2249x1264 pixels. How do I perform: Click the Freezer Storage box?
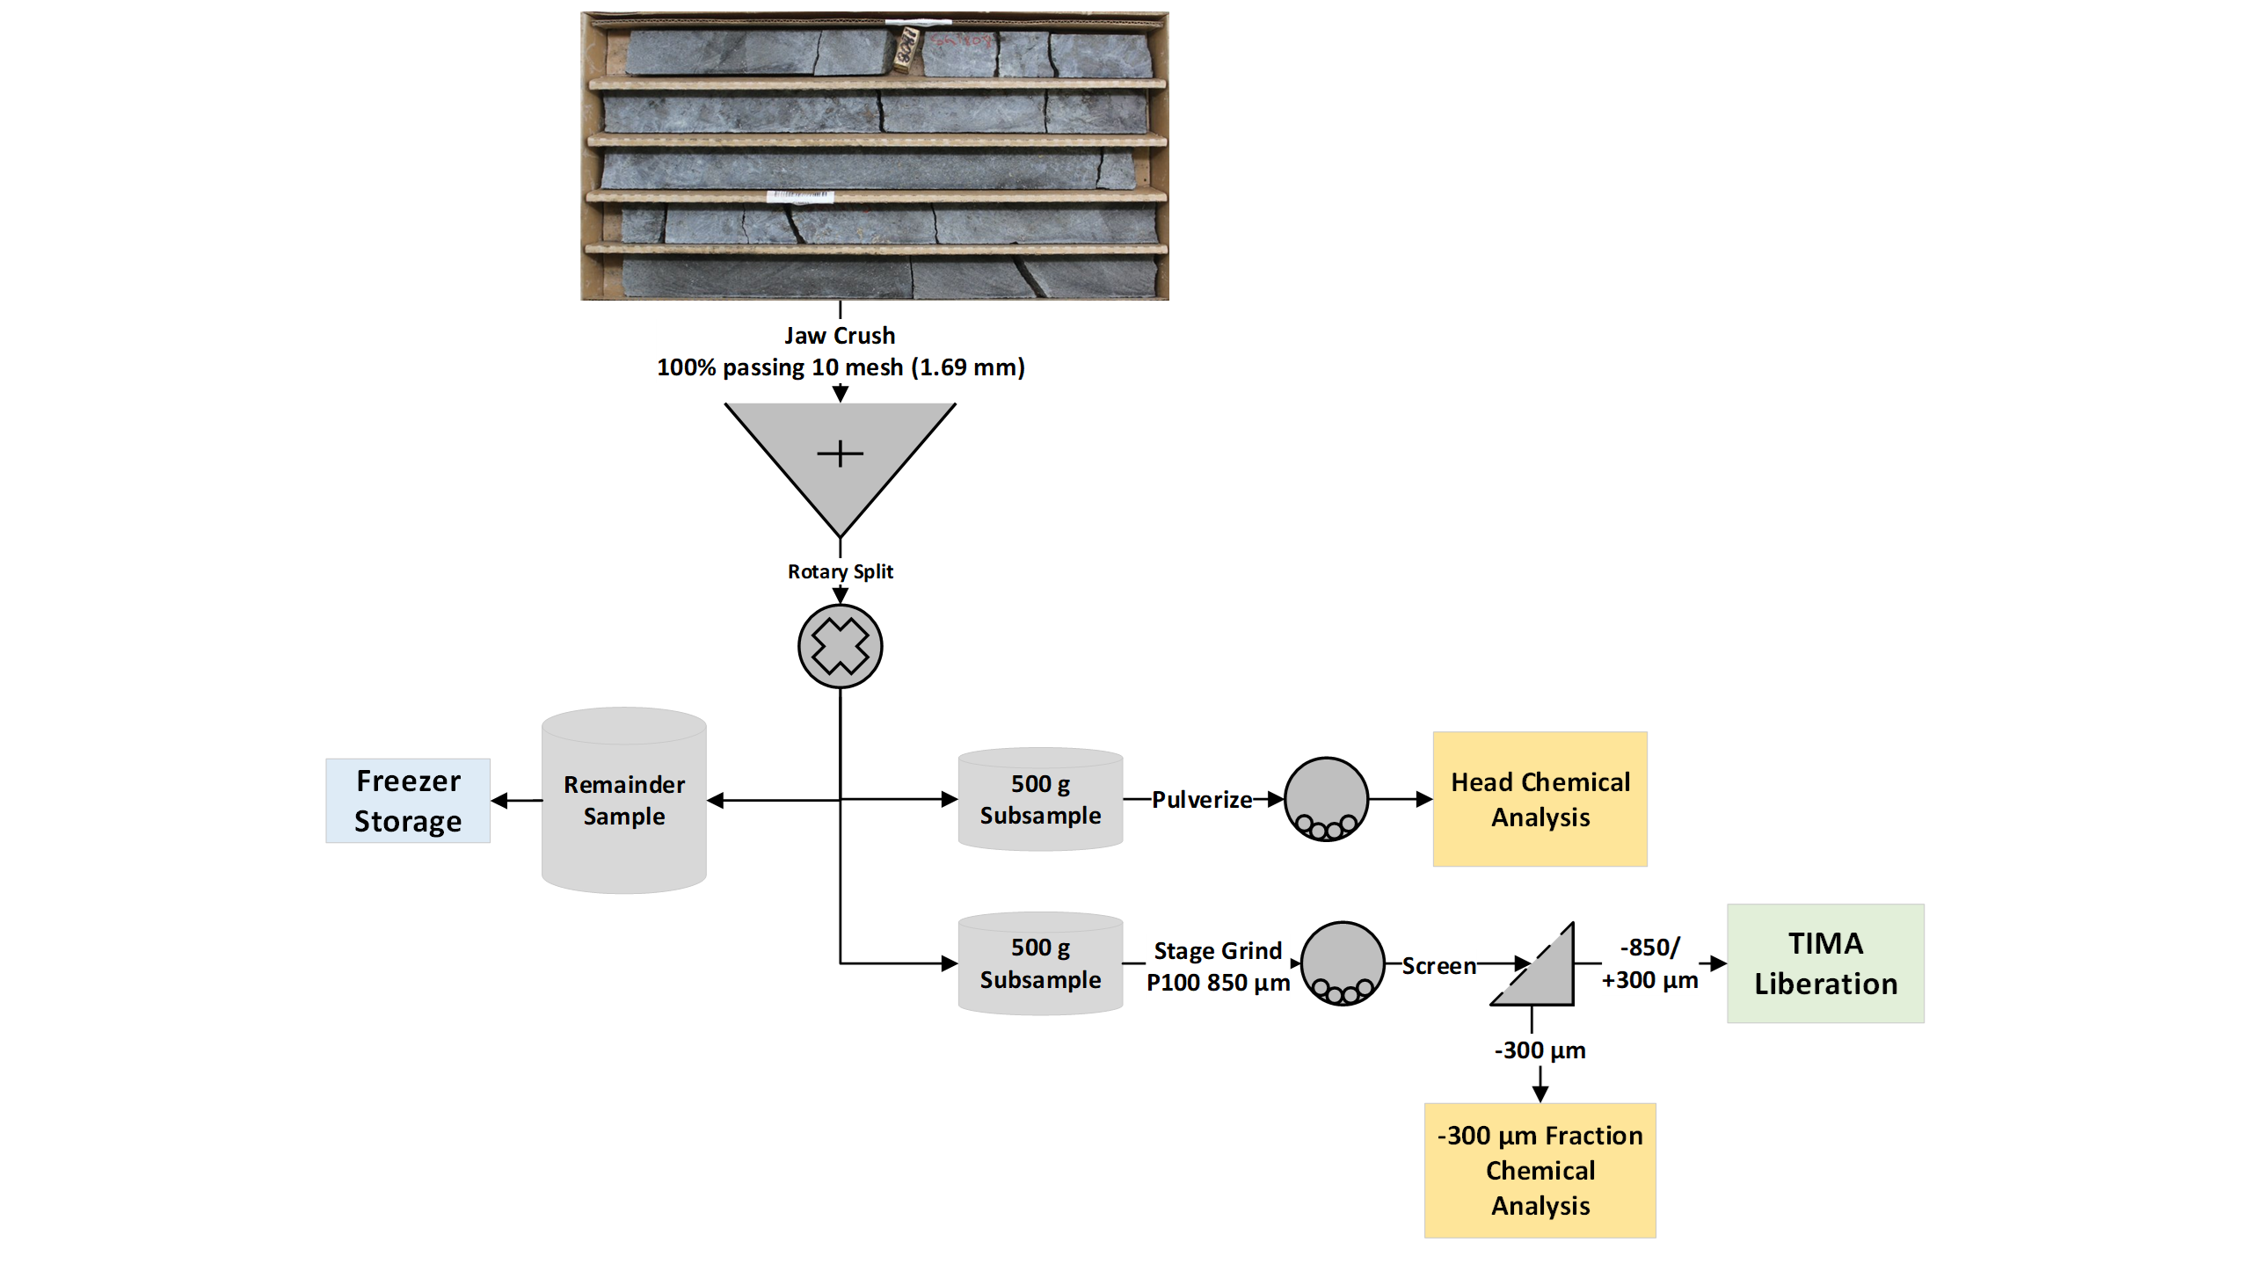click(x=407, y=801)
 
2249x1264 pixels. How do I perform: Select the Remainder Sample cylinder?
click(x=623, y=802)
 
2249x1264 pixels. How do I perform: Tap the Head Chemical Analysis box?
click(x=1539, y=799)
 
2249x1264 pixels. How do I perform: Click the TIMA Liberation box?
click(x=1825, y=963)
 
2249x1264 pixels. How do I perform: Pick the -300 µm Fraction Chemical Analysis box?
click(x=1539, y=1170)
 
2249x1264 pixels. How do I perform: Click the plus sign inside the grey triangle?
click(x=840, y=454)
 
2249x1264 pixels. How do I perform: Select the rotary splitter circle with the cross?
click(x=840, y=646)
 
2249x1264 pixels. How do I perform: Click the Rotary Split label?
click(x=840, y=571)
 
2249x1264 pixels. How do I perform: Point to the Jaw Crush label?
click(x=840, y=336)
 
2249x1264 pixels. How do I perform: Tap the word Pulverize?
click(x=1201, y=800)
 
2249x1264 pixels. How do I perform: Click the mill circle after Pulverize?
click(x=1326, y=799)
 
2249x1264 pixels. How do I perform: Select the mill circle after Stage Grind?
click(x=1343, y=963)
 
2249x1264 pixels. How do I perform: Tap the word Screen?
click(x=1438, y=966)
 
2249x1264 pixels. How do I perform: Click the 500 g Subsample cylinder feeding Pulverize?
click(x=1040, y=799)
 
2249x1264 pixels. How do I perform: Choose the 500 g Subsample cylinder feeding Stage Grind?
click(x=1040, y=963)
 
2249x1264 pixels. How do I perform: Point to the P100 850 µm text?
click(x=1218, y=983)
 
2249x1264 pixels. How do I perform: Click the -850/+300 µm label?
click(x=1649, y=963)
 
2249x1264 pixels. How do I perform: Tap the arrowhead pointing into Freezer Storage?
click(x=499, y=801)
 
